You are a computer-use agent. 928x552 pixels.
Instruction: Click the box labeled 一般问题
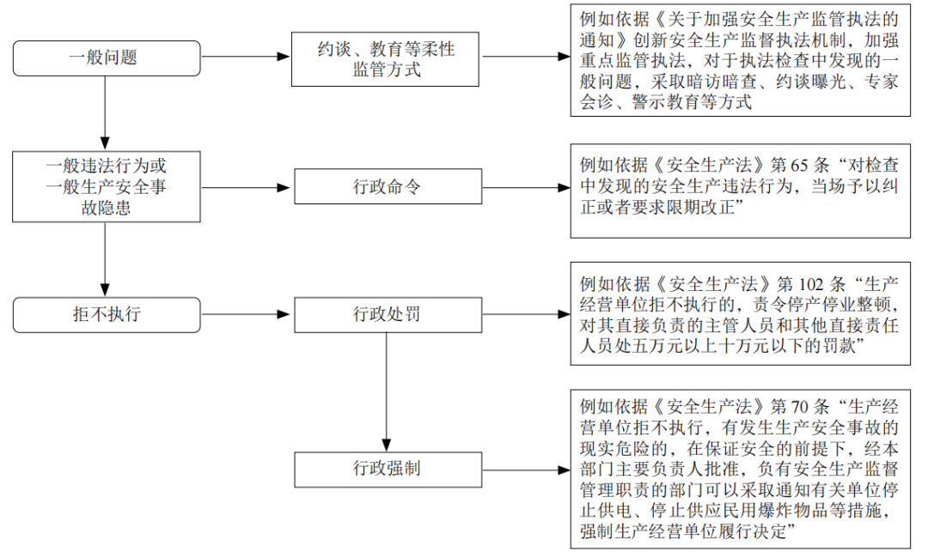coord(107,58)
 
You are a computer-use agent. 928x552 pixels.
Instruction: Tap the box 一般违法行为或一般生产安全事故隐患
coord(107,186)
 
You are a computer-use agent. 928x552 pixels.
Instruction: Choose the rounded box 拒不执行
coord(107,314)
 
